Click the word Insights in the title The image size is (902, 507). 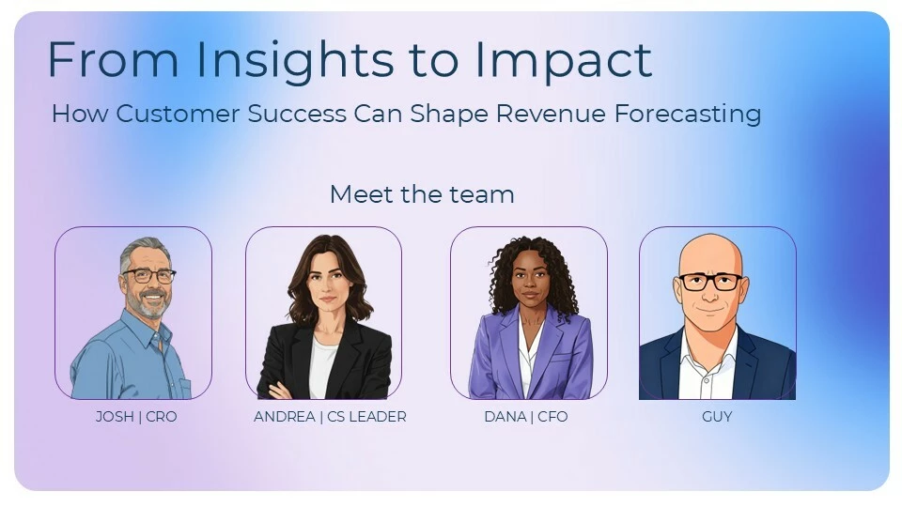(x=295, y=60)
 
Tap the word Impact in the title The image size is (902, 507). (x=563, y=60)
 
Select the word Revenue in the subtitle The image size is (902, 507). (x=551, y=114)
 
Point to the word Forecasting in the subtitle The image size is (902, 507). (x=688, y=114)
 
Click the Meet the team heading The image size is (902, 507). (x=422, y=194)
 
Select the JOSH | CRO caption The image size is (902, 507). (x=136, y=416)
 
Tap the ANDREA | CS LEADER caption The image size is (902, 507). (x=330, y=416)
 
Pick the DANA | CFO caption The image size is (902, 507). (x=526, y=416)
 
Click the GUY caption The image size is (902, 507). (x=717, y=416)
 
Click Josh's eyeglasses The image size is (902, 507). (x=149, y=275)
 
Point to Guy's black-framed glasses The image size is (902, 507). (x=710, y=282)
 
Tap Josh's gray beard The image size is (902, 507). (x=148, y=303)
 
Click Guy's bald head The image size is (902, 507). (x=711, y=252)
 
